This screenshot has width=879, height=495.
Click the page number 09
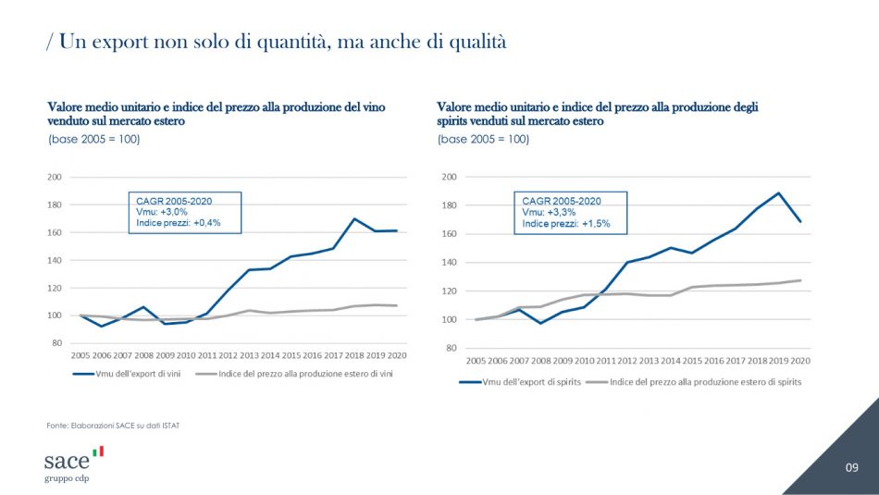[x=851, y=468]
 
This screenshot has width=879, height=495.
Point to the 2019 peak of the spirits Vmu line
[x=779, y=193]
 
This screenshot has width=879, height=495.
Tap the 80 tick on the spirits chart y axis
[x=450, y=348]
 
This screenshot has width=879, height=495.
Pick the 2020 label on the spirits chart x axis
[x=799, y=361]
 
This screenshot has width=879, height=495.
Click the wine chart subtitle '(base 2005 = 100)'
[x=93, y=139]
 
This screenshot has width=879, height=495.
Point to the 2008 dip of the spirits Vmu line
[x=541, y=323]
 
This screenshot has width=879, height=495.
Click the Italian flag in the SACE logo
[x=98, y=452]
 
